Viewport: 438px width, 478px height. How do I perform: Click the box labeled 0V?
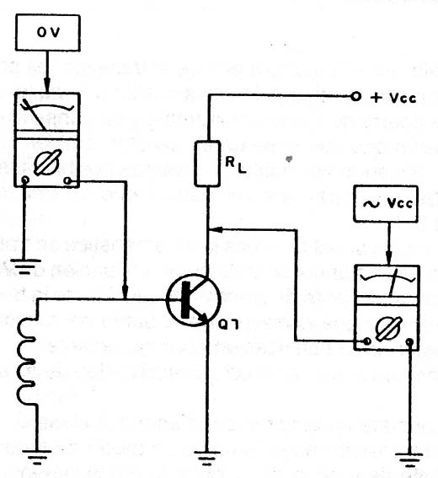48,32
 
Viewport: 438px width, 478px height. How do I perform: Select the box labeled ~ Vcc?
385,204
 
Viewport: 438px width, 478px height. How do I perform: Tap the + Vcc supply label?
393,98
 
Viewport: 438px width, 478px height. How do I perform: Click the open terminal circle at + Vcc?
355,97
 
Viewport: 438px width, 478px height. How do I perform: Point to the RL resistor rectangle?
207,164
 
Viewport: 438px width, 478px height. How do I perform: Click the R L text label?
235,164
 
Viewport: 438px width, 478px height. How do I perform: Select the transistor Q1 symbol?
194,300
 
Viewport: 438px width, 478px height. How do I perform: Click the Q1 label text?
228,325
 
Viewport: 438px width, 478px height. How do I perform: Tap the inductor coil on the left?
28,362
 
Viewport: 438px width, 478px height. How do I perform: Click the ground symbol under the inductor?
36,457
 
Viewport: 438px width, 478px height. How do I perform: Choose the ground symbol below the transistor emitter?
206,458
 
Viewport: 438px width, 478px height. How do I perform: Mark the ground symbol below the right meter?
409,460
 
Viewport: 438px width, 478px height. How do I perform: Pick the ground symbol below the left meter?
25,266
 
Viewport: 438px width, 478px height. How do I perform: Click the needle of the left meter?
35,115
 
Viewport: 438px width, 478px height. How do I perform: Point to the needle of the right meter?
393,282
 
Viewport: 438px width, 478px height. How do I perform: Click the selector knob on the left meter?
48,162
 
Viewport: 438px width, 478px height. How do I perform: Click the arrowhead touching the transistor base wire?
125,292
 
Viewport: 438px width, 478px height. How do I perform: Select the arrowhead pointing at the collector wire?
215,229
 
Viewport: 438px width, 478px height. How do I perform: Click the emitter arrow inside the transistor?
202,317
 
